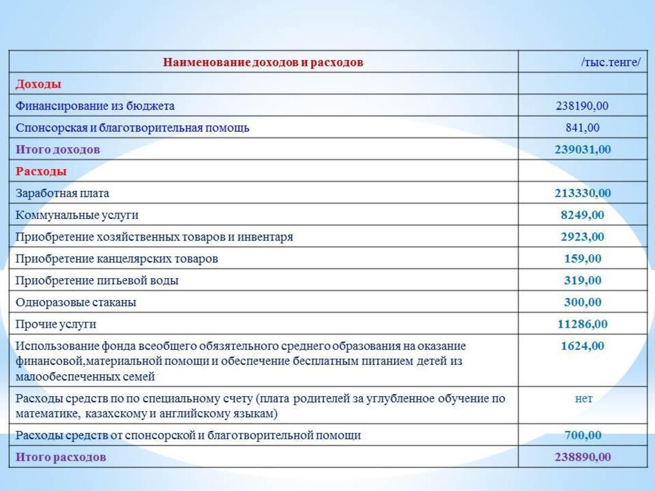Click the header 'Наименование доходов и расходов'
pos(263,62)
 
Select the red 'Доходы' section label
pos(38,84)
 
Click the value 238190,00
pos(582,106)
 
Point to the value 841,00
pos(582,128)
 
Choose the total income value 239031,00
pos(582,149)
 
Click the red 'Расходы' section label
pos(41,171)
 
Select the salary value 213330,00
pos(582,193)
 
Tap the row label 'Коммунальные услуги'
pos(77,215)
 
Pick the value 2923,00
pos(582,237)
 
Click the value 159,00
pos(582,259)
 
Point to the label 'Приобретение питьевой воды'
pos(97,280)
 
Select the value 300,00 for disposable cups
pos(582,302)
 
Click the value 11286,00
pos(582,324)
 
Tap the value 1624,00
pos(582,346)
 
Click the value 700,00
pos(582,435)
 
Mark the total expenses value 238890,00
pos(582,457)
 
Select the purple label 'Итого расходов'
pos(61,457)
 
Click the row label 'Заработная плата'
pos(62,193)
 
